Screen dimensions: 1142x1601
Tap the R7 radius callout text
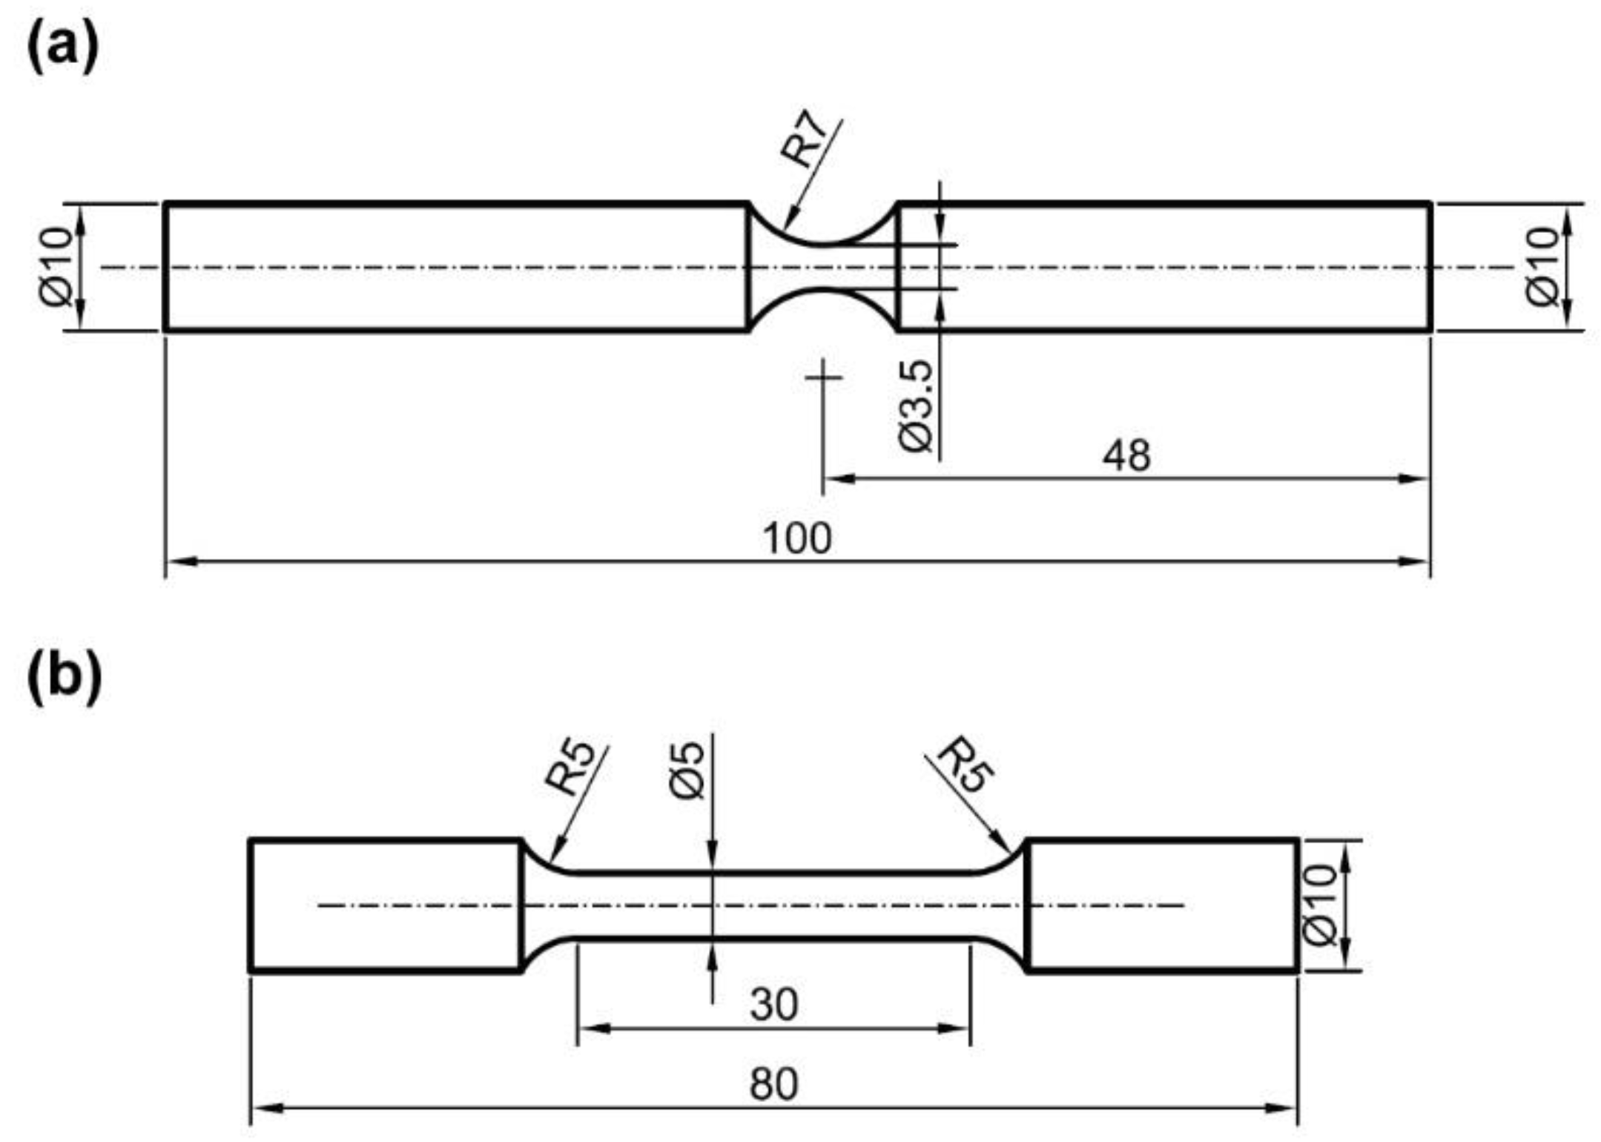point(804,139)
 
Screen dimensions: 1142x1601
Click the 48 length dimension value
point(1126,455)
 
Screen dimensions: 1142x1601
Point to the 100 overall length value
point(797,538)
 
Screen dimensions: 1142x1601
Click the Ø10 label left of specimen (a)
point(57,266)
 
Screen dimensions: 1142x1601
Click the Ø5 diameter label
point(687,771)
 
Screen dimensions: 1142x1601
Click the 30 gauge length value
point(773,1005)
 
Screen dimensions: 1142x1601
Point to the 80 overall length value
point(773,1084)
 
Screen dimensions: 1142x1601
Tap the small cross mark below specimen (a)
point(823,377)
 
